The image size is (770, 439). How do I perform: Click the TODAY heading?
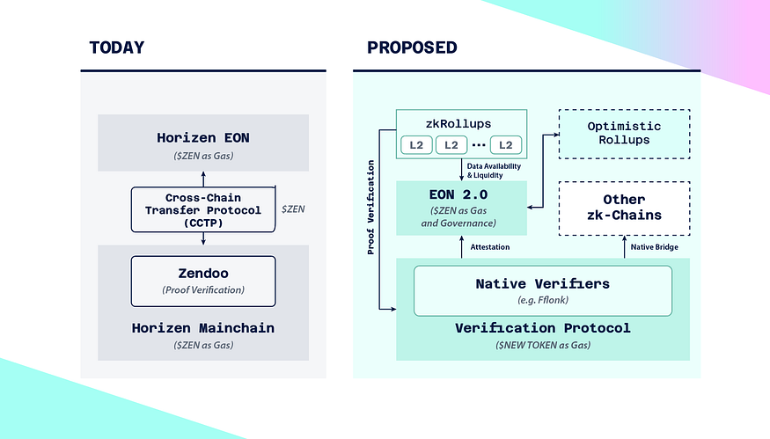117,48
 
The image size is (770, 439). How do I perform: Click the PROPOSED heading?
412,48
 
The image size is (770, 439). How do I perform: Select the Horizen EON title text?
203,138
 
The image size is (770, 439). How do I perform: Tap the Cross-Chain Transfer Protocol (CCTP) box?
203,209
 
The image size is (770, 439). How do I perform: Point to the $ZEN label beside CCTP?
293,209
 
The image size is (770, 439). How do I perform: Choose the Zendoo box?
203,282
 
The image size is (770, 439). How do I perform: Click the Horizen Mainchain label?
203,328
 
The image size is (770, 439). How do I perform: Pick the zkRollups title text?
458,124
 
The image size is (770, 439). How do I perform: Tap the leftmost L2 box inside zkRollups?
416,145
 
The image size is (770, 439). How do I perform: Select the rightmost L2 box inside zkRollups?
506,145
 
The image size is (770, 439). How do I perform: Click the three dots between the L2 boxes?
479,145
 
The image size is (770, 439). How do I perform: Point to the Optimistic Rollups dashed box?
624,134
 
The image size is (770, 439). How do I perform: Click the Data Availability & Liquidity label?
494,171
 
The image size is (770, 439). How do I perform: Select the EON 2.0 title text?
458,195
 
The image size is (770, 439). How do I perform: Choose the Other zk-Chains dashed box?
624,209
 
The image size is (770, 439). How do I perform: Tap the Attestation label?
489,247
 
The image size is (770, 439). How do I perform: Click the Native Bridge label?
654,247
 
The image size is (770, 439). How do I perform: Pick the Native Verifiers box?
543,290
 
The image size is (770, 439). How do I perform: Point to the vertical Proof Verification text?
370,208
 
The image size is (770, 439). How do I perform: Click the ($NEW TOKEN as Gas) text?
543,345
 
